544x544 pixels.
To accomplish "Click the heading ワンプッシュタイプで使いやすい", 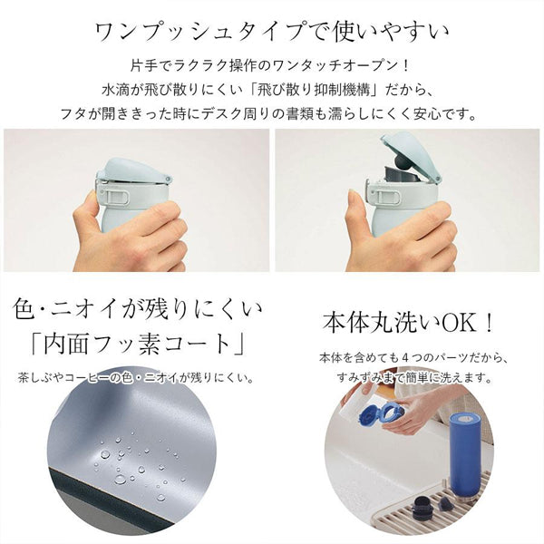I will click(x=271, y=31).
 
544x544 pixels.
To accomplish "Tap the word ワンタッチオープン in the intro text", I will click(x=344, y=66).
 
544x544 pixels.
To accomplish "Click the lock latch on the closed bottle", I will click(x=108, y=193).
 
